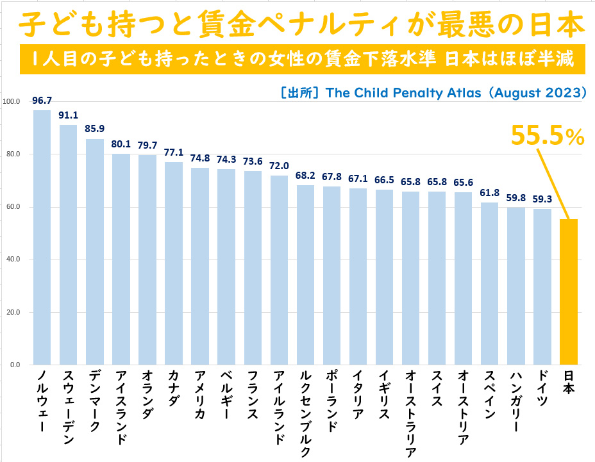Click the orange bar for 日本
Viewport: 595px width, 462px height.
tap(569, 292)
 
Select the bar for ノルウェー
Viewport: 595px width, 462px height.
tap(42, 237)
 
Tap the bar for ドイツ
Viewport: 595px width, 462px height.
tap(542, 286)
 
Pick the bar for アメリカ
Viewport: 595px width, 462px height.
tap(200, 266)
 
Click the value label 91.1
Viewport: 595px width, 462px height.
tap(69, 116)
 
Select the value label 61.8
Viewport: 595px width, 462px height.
tap(490, 193)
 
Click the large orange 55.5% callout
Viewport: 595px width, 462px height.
tap(547, 136)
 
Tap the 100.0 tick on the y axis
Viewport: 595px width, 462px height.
tap(12, 101)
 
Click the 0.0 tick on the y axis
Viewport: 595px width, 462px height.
tap(14, 365)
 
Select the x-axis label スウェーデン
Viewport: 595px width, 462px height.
tap(69, 407)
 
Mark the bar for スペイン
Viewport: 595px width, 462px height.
tap(490, 283)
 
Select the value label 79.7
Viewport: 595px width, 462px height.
tap(147, 145)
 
